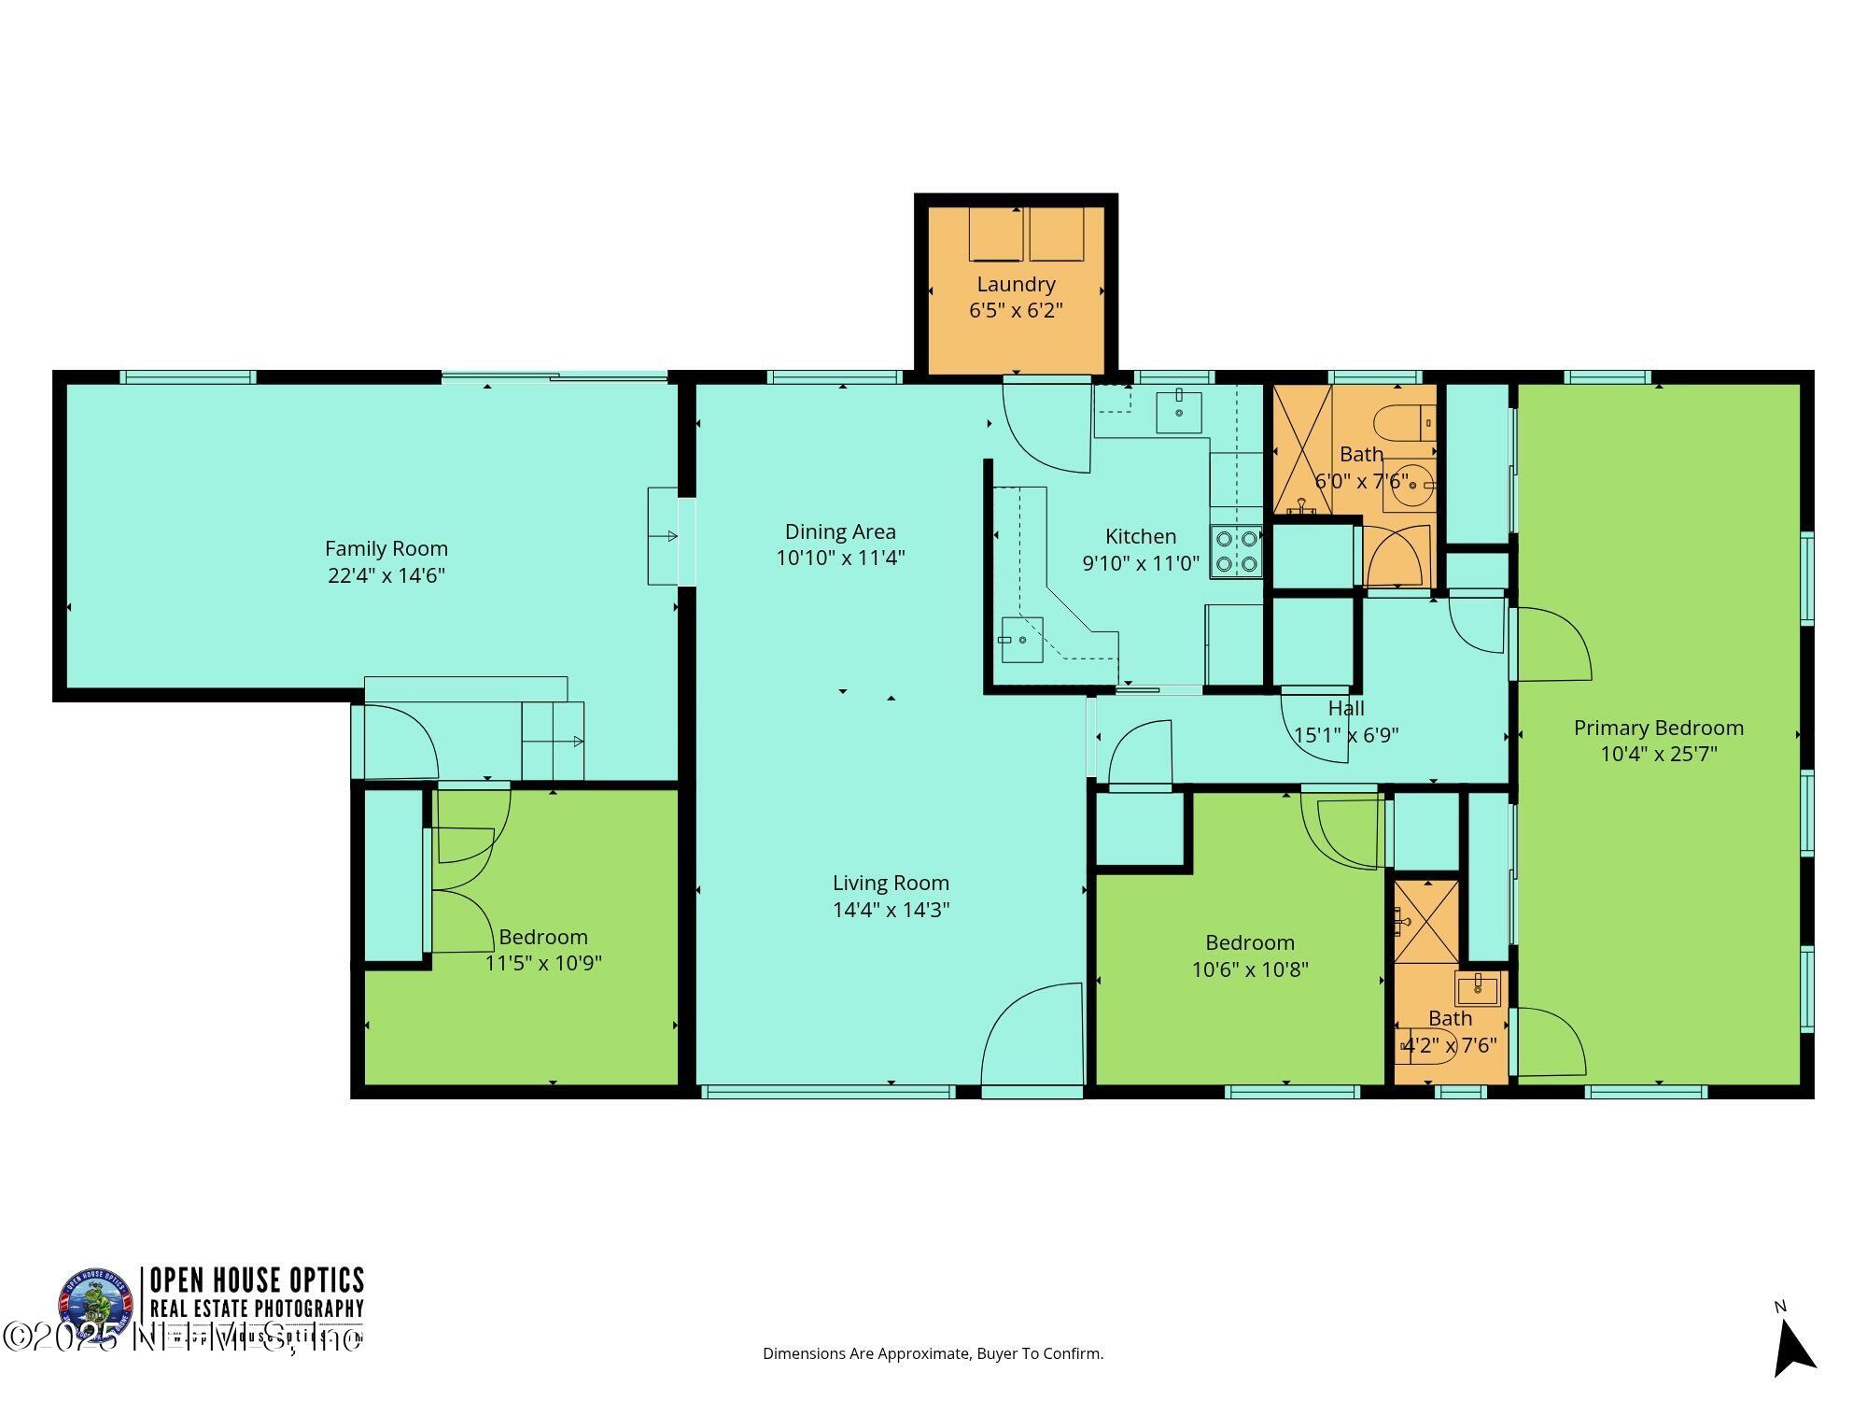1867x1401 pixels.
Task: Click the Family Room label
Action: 386,548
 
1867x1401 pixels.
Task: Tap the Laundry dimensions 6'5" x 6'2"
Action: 1016,310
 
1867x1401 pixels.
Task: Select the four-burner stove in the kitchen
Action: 1236,552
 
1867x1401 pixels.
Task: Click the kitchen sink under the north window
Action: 1178,412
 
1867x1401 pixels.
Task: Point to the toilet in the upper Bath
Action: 1405,423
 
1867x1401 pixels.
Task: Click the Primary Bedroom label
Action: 1658,728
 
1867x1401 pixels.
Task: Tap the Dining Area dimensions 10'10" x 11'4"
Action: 840,558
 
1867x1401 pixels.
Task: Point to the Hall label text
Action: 1345,709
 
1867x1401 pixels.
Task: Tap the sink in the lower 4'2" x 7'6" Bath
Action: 1477,987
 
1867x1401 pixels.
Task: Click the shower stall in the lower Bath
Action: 1425,921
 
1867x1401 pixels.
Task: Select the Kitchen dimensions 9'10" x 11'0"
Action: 1140,563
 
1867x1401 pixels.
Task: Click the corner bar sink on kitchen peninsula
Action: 1021,640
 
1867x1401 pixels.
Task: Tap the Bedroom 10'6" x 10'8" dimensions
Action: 1249,969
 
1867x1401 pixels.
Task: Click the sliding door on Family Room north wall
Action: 554,376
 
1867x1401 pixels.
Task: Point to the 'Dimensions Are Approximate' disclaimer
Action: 933,1353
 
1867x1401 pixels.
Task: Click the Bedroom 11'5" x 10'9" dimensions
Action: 542,963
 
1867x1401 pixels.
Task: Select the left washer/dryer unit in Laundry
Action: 995,234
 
